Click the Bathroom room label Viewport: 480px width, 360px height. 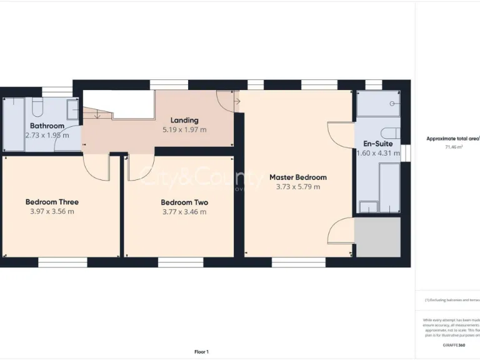tap(47, 126)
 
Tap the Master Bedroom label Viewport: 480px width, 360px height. tap(297, 177)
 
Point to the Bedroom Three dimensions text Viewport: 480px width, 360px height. tap(52, 211)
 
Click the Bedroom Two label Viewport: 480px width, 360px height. tap(184, 202)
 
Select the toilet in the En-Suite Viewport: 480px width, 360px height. tap(391, 132)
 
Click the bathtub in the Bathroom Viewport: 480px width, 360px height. tap(13, 124)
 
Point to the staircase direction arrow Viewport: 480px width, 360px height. tap(97, 114)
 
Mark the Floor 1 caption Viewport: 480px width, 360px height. tap(201, 352)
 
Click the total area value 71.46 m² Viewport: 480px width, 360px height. tap(453, 147)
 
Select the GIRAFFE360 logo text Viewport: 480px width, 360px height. tap(453, 346)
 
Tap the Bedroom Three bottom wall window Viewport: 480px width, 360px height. tap(62, 262)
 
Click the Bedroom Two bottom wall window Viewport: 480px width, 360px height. tap(180, 262)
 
